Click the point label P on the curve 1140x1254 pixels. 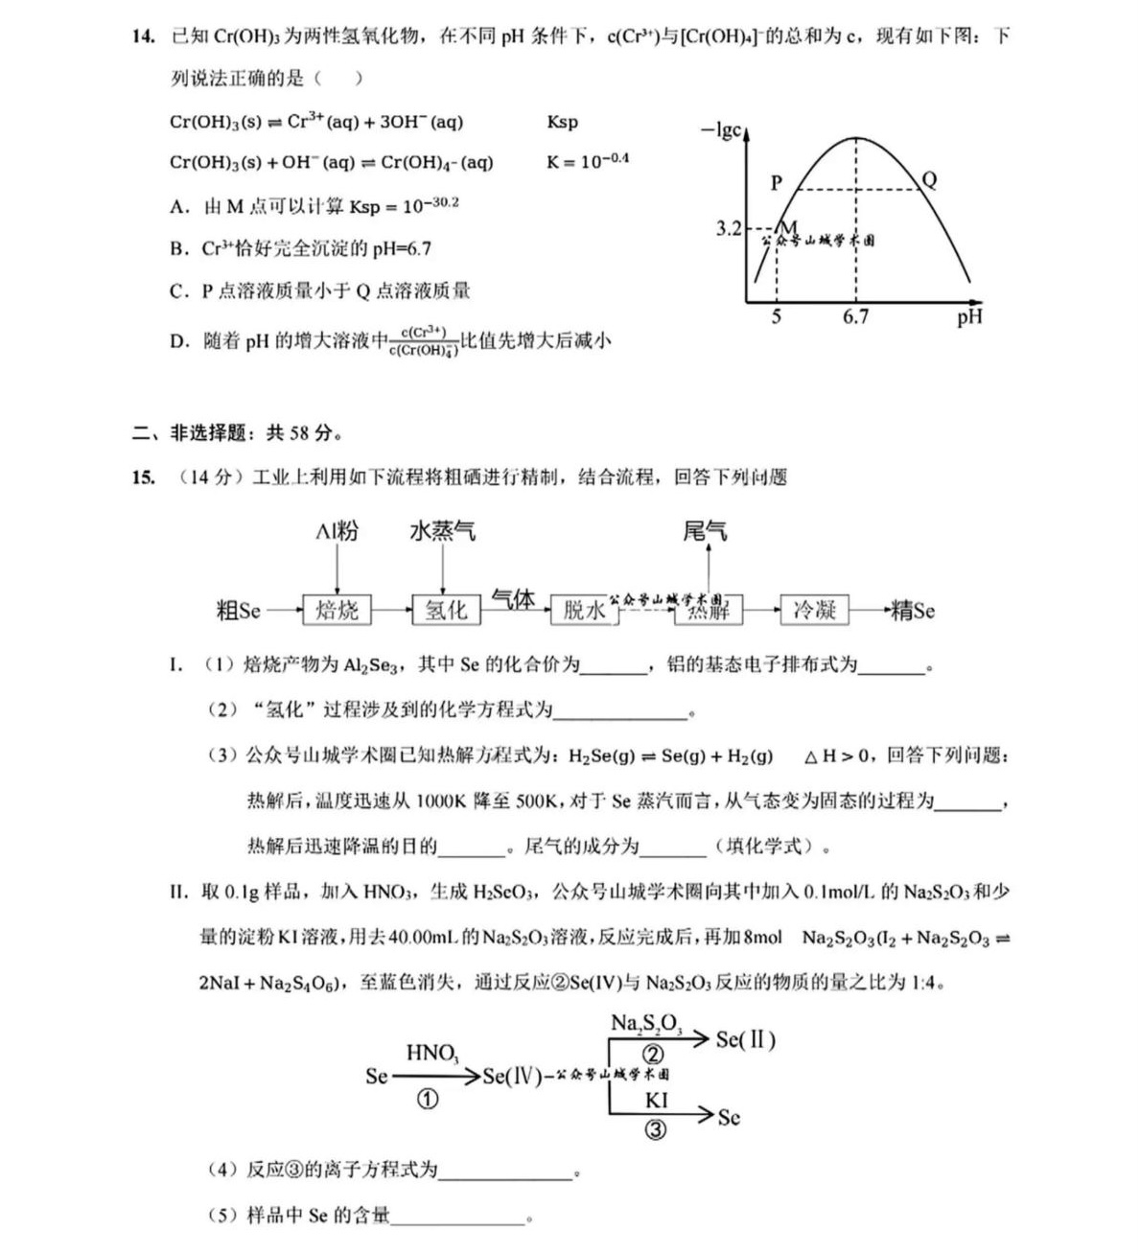[x=777, y=182]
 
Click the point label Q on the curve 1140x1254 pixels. [x=928, y=179]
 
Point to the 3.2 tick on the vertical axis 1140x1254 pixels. [x=728, y=228]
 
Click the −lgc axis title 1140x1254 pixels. [x=721, y=130]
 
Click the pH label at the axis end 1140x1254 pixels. [x=968, y=317]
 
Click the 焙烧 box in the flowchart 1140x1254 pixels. [x=337, y=610]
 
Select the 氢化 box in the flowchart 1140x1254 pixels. [x=445, y=610]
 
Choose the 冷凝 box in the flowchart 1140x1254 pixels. [x=814, y=610]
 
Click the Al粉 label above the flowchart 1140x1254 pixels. [x=337, y=531]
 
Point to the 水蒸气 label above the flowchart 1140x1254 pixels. [x=442, y=531]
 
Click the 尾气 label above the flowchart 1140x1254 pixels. [x=705, y=531]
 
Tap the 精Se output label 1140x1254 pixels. [x=912, y=611]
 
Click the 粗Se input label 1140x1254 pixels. [x=239, y=611]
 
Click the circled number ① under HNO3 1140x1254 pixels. [x=428, y=1100]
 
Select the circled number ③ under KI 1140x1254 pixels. [x=656, y=1129]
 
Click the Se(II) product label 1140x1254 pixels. [x=745, y=1039]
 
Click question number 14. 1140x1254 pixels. [x=143, y=36]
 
